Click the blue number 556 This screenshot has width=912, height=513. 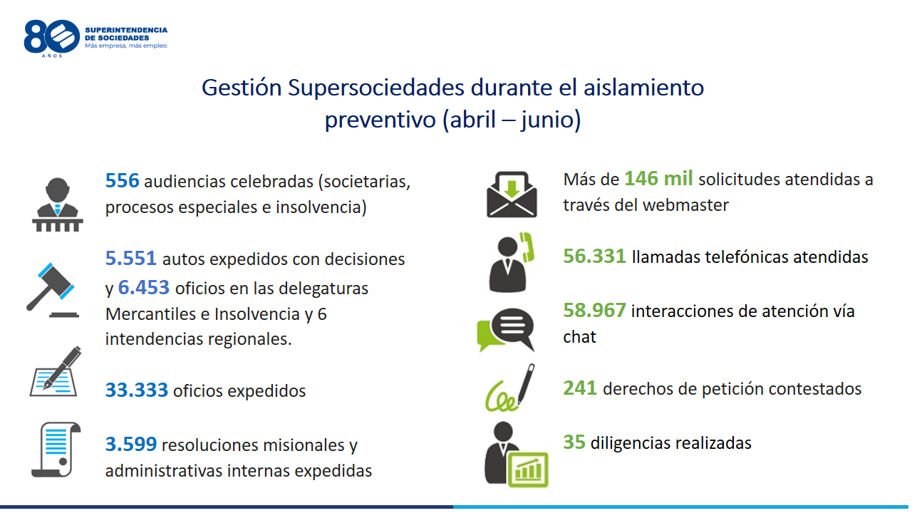(122, 180)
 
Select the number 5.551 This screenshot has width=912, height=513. (130, 258)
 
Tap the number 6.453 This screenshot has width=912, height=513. (144, 287)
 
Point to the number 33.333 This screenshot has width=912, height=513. (136, 390)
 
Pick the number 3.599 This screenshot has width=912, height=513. (130, 444)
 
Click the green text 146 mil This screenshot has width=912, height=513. (658, 178)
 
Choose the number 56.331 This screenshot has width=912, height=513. (594, 256)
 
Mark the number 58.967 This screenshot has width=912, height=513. (594, 310)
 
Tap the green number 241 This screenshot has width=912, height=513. (580, 388)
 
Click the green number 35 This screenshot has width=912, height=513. (574, 442)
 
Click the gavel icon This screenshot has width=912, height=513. (52, 290)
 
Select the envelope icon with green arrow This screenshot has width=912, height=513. (512, 195)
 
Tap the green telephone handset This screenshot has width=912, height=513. (527, 247)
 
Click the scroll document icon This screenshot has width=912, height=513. (56, 450)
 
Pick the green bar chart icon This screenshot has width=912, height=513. (529, 470)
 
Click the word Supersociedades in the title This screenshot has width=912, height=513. (375, 88)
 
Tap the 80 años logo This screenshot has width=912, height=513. (52, 38)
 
